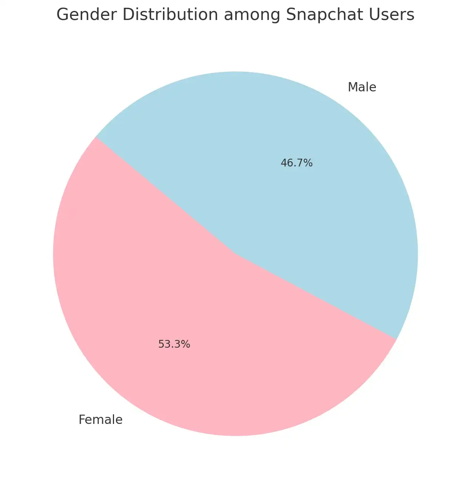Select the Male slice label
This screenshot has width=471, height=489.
tap(362, 87)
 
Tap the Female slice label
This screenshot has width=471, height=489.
tap(100, 420)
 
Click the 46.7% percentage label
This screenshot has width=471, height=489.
tap(297, 163)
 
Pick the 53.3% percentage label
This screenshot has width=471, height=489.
tap(174, 344)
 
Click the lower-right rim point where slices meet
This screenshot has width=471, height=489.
tap(397, 339)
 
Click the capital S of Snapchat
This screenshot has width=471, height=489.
tap(291, 15)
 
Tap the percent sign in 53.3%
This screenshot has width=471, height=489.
tap(186, 344)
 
